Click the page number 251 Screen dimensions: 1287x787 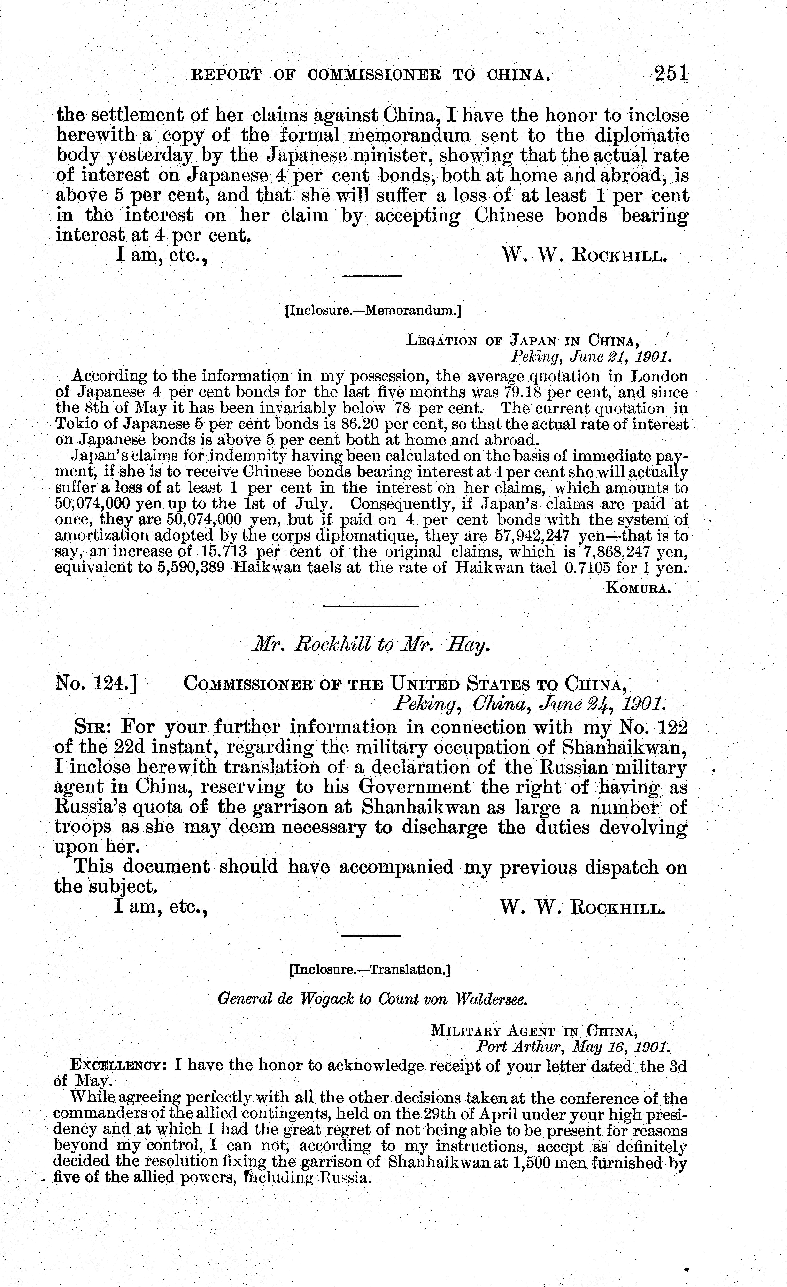coord(671,73)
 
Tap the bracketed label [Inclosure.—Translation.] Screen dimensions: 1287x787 coord(370,970)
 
